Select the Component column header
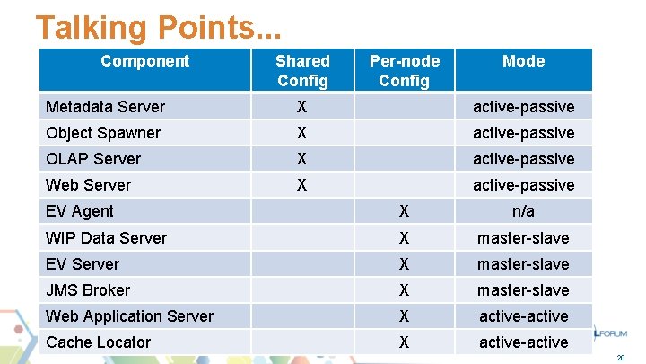(x=144, y=61)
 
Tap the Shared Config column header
(x=302, y=70)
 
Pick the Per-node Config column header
(x=405, y=70)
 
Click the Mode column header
(x=523, y=61)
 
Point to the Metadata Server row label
(x=105, y=107)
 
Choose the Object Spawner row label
(x=103, y=133)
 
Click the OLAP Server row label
(x=93, y=159)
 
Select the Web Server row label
(x=88, y=185)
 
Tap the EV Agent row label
(x=80, y=211)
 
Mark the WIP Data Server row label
(x=106, y=238)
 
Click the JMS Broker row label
(x=88, y=290)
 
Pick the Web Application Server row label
(x=129, y=316)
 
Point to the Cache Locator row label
(x=98, y=342)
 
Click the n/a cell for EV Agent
(x=523, y=211)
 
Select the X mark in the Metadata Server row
(x=302, y=107)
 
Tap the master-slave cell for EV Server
(x=523, y=264)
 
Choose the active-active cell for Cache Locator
(x=523, y=342)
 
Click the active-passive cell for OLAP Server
(x=523, y=159)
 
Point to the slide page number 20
(x=620, y=358)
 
